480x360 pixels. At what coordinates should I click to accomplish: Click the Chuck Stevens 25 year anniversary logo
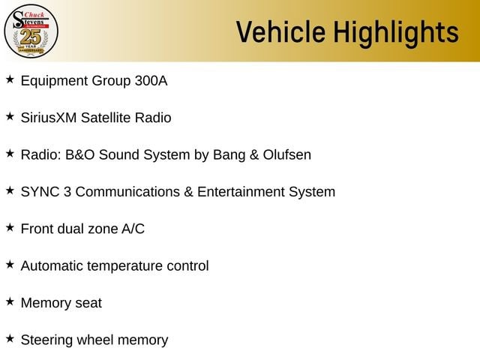click(x=31, y=31)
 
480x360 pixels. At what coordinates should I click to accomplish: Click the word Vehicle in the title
click(x=280, y=31)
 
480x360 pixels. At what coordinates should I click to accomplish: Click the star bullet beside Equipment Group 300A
click(x=10, y=79)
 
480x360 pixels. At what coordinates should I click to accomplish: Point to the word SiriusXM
click(x=49, y=118)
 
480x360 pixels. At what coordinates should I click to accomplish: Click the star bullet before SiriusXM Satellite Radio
click(x=10, y=116)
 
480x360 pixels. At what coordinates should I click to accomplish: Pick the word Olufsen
click(x=287, y=155)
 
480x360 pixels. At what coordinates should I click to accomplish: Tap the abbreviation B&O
click(x=80, y=155)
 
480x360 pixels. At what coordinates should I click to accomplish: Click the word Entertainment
click(x=241, y=192)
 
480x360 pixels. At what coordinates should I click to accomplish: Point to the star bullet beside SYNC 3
click(x=10, y=190)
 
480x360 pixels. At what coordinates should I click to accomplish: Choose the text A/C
click(x=133, y=229)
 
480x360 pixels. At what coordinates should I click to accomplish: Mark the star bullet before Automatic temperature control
click(x=10, y=265)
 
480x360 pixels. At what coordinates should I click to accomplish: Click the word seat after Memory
click(x=88, y=304)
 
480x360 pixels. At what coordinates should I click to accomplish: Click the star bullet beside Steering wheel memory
click(x=10, y=338)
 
